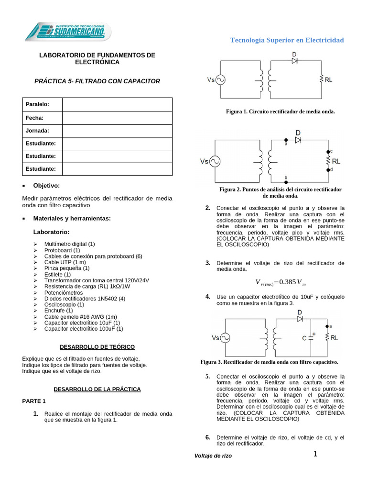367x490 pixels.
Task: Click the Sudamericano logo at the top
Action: coord(68,32)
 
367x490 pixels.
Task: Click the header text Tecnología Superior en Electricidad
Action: coord(287,40)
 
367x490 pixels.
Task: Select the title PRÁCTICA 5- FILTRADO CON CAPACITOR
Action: coord(97,81)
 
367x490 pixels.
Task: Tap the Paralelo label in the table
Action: coord(37,104)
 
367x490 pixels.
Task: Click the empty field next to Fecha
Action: coord(117,118)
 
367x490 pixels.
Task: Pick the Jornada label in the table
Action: coord(37,130)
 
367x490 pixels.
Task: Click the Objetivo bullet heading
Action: coord(46,185)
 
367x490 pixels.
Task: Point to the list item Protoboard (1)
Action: coord(62,250)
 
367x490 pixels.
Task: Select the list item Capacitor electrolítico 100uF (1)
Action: coord(84,329)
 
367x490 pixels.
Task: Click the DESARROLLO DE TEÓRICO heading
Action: coord(97,346)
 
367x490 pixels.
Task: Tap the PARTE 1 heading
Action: coord(34,401)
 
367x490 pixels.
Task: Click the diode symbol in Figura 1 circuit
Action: coord(295,61)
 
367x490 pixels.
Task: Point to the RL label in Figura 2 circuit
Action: coord(336,162)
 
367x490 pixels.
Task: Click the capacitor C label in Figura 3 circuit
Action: coord(304,337)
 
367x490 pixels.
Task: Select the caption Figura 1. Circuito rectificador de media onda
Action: coord(281,111)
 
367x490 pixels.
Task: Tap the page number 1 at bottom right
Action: coord(315,454)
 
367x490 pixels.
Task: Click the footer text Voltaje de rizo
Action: coord(213,456)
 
